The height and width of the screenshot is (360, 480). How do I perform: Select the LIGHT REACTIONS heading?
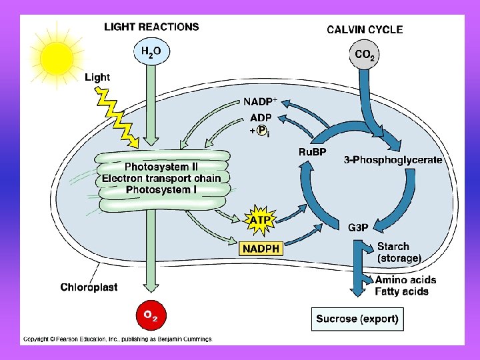tap(151, 27)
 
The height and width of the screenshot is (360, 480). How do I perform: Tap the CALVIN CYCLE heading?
tap(364, 29)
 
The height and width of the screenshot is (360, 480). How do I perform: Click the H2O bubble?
tap(150, 52)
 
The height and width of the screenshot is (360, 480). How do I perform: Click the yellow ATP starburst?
tap(261, 219)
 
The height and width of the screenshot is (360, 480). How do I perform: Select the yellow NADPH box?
tap(261, 249)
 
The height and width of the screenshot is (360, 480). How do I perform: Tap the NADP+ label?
tap(259, 102)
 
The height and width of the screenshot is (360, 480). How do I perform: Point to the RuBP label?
tap(312, 153)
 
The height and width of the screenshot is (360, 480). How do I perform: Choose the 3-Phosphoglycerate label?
tap(393, 160)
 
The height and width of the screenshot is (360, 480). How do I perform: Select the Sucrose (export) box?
tap(357, 319)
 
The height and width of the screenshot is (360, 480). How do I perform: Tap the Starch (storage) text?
tap(399, 252)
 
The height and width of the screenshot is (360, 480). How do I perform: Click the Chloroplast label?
tap(89, 287)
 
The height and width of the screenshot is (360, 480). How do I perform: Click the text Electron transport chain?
tap(161, 178)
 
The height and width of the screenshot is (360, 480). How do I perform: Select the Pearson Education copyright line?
tap(117, 339)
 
